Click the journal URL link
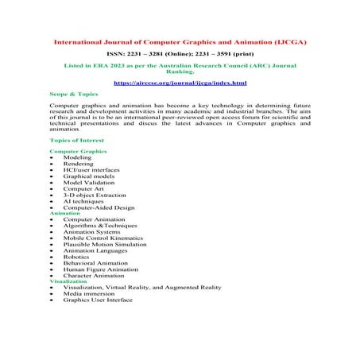(180, 83)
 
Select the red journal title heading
(180, 40)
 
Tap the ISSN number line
(180, 52)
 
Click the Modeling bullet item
(77, 157)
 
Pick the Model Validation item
(88, 182)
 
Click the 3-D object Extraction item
(95, 195)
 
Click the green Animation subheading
(64, 213)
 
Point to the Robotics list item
(78, 257)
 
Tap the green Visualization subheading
(69, 281)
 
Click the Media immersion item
(89, 294)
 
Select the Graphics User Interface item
(99, 300)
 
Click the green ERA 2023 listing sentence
(180, 67)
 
